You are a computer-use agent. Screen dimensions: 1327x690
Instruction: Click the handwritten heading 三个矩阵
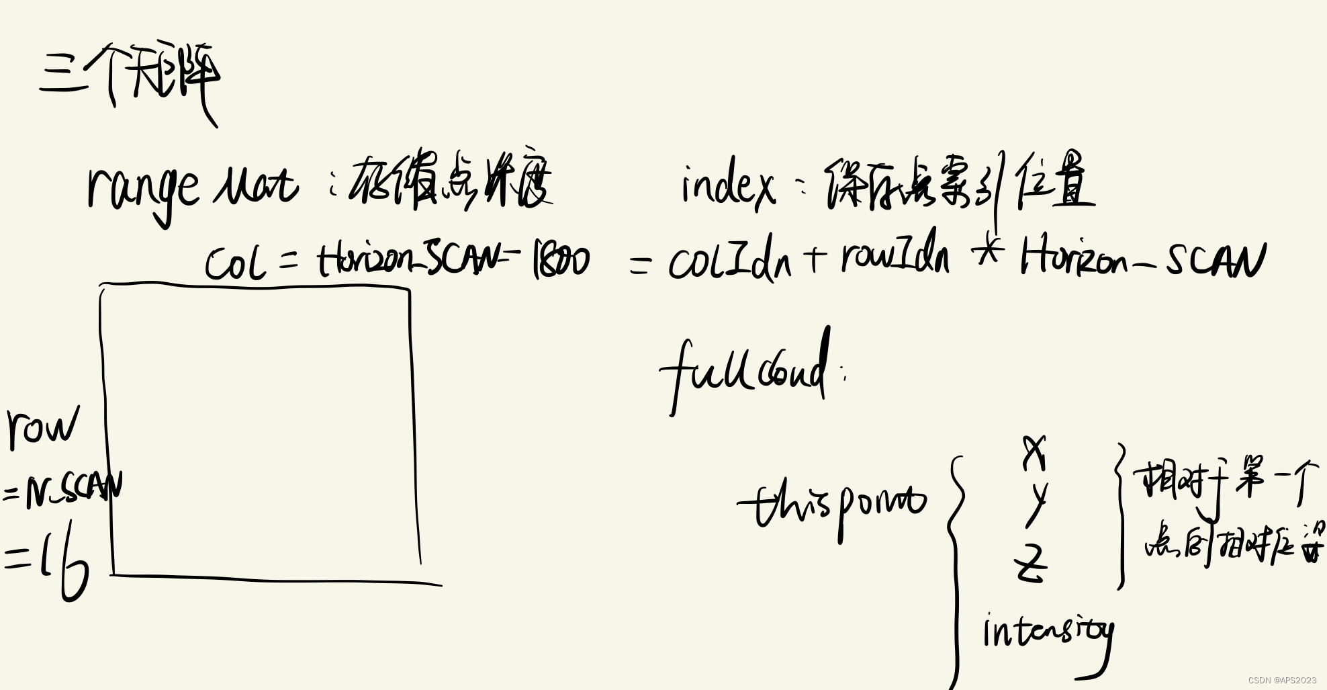(130, 77)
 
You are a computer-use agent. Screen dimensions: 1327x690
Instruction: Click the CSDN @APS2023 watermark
(1282, 681)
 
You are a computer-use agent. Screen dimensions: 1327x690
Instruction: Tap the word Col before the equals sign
(235, 263)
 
